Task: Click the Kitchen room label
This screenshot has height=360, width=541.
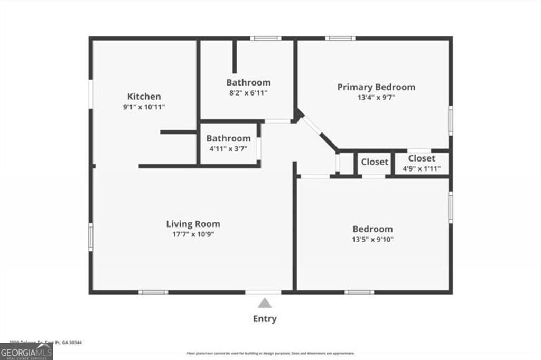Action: [x=144, y=97]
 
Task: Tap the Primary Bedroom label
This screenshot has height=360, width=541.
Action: [x=376, y=87]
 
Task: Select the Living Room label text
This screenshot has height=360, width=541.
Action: [x=193, y=224]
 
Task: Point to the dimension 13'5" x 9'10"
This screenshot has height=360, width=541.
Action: [x=372, y=239]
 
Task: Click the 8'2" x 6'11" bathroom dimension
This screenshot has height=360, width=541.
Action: [x=248, y=92]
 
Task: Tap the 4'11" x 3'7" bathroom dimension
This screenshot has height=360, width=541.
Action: [x=228, y=149]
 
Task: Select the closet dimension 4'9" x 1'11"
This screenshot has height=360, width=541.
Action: [x=421, y=169]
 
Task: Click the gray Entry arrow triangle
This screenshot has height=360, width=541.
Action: [x=265, y=303]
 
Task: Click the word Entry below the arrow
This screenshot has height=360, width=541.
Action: [x=265, y=319]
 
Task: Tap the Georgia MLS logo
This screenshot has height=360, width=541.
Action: [x=26, y=351]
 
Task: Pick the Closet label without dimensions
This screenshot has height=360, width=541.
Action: [x=375, y=162]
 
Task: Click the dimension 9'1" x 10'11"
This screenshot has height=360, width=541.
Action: [x=144, y=107]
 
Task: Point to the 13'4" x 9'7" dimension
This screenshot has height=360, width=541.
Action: [x=376, y=97]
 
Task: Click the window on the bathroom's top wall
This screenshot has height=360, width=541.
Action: [x=266, y=39]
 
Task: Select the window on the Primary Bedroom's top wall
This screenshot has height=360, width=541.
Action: [x=340, y=39]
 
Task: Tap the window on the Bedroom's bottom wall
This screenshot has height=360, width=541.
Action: [x=359, y=292]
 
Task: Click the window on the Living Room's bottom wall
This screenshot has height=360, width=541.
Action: [x=153, y=292]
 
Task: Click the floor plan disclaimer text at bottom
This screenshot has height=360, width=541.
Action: [x=270, y=353]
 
